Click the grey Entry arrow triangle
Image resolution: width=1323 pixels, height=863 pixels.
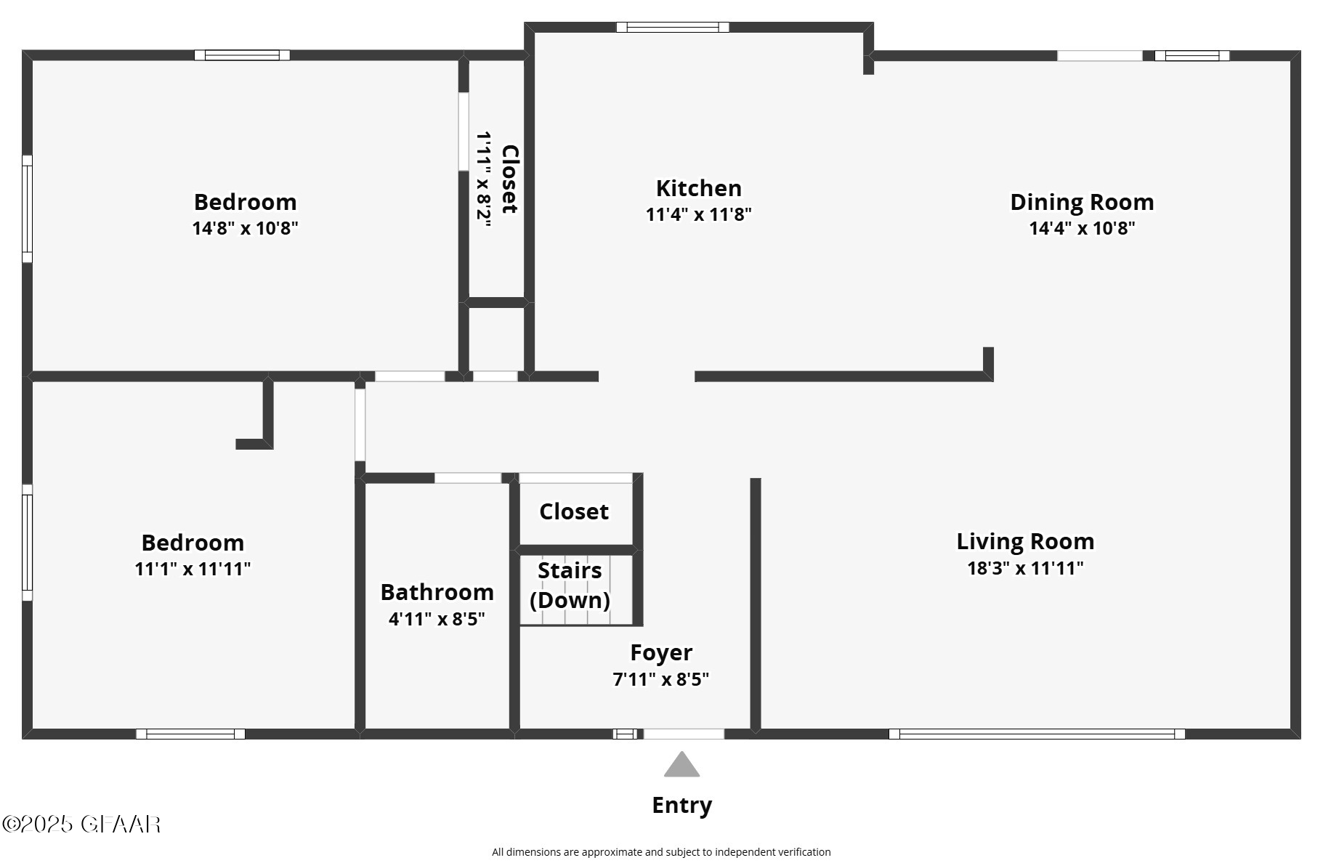pyautogui.click(x=681, y=766)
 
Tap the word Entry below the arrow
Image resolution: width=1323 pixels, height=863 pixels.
pyautogui.click(x=681, y=805)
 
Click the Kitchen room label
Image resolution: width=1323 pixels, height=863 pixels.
pyautogui.click(x=698, y=188)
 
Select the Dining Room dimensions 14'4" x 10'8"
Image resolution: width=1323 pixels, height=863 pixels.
pyautogui.click(x=1081, y=228)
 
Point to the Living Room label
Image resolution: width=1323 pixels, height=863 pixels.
pyautogui.click(x=1024, y=541)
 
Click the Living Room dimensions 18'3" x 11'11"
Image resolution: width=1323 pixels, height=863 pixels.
pyautogui.click(x=1024, y=568)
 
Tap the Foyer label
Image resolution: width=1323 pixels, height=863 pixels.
pyautogui.click(x=660, y=652)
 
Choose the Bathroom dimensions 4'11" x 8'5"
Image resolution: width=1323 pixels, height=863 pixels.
pyautogui.click(x=437, y=619)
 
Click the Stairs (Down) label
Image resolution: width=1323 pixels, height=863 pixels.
pyautogui.click(x=570, y=586)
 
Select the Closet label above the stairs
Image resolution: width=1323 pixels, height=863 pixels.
pyautogui.click(x=573, y=511)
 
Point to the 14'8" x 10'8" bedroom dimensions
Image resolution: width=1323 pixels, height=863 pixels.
pyautogui.click(x=245, y=228)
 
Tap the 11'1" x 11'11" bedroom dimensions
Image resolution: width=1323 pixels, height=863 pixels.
pyautogui.click(x=193, y=569)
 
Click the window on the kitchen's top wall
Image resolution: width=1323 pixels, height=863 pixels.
pyautogui.click(x=672, y=28)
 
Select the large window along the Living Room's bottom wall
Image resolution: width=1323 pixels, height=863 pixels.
pyautogui.click(x=1036, y=734)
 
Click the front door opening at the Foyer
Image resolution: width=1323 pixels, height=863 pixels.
pyautogui.click(x=684, y=734)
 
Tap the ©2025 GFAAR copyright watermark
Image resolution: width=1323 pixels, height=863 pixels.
pyautogui.click(x=81, y=824)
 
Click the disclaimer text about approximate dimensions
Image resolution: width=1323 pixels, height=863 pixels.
pyautogui.click(x=660, y=852)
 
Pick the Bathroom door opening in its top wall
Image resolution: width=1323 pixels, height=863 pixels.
pyautogui.click(x=467, y=478)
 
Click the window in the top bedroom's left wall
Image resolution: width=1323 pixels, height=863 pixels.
pyautogui.click(x=27, y=208)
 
